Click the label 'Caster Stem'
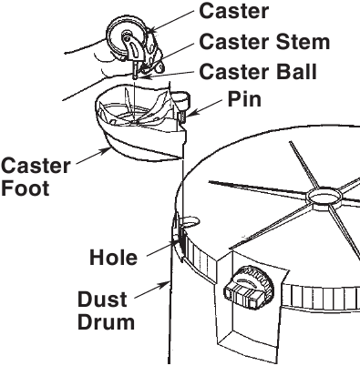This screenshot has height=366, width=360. click(264, 42)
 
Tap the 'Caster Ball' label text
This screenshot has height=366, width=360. click(258, 72)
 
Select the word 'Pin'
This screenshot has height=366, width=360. click(244, 99)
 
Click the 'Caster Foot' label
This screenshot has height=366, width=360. click(36, 177)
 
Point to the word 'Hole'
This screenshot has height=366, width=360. click(113, 258)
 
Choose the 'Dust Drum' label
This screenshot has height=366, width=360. click(106, 310)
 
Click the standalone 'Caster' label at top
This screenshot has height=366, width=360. click(233, 11)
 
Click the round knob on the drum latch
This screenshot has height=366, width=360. click(249, 287)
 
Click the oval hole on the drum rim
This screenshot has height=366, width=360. click(189, 220)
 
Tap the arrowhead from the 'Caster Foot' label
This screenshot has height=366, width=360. click(107, 150)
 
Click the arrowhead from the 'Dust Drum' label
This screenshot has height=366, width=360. click(165, 284)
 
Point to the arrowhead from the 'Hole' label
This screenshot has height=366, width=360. click(175, 242)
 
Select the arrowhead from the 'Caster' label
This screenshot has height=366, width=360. click(153, 30)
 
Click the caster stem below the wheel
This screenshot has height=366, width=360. click(135, 68)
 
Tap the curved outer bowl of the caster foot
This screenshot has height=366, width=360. click(143, 148)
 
